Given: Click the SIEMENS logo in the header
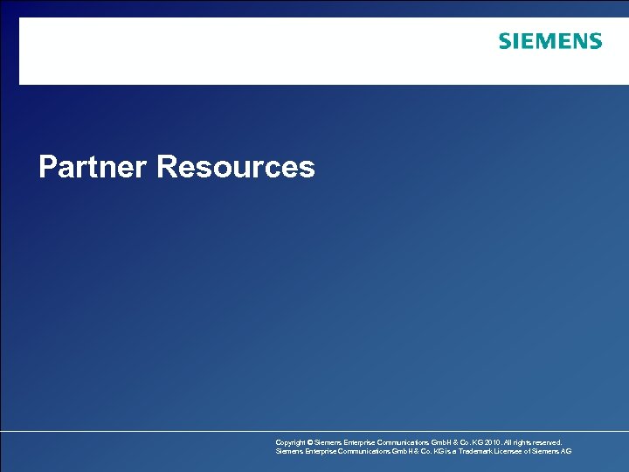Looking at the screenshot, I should pos(550,41).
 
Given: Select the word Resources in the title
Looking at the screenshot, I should pos(236,166).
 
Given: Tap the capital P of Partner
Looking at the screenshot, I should pos(48,166).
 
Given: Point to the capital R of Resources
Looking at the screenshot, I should pos(169,166).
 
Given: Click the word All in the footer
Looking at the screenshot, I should pos(507,443).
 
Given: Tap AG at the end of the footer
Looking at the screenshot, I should pos(566,452).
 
